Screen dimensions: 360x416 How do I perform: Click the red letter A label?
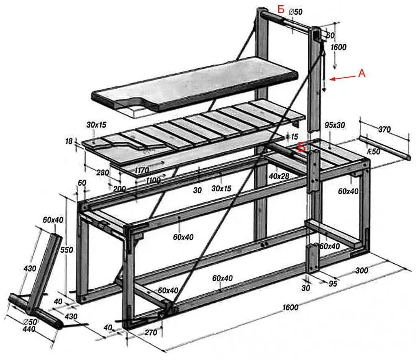pyautogui.click(x=362, y=73)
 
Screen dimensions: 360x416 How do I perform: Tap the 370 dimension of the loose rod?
pyautogui.click(x=383, y=130)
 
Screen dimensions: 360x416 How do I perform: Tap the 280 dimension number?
pyautogui.click(x=103, y=173)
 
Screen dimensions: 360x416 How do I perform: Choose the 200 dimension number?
pyautogui.click(x=119, y=189)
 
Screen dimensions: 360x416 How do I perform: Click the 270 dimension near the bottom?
pyautogui.click(x=150, y=332)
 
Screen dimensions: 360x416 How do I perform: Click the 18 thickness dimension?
pyautogui.click(x=69, y=141)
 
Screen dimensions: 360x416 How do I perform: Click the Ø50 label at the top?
pyautogui.click(x=295, y=13)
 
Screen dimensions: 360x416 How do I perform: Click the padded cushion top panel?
pyautogui.click(x=195, y=83)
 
